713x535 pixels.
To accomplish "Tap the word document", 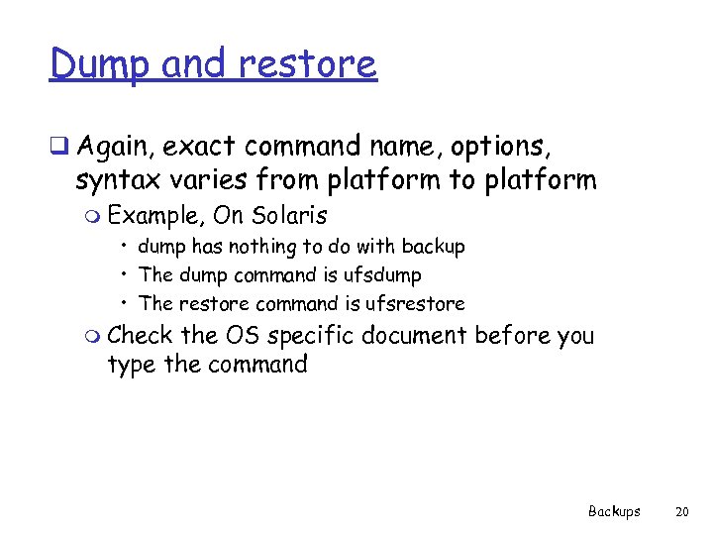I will tap(413, 336).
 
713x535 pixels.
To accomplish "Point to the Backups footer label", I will tap(614, 511).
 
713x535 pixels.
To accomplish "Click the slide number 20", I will tap(680, 511).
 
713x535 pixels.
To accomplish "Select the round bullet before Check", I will tap(94, 337).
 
